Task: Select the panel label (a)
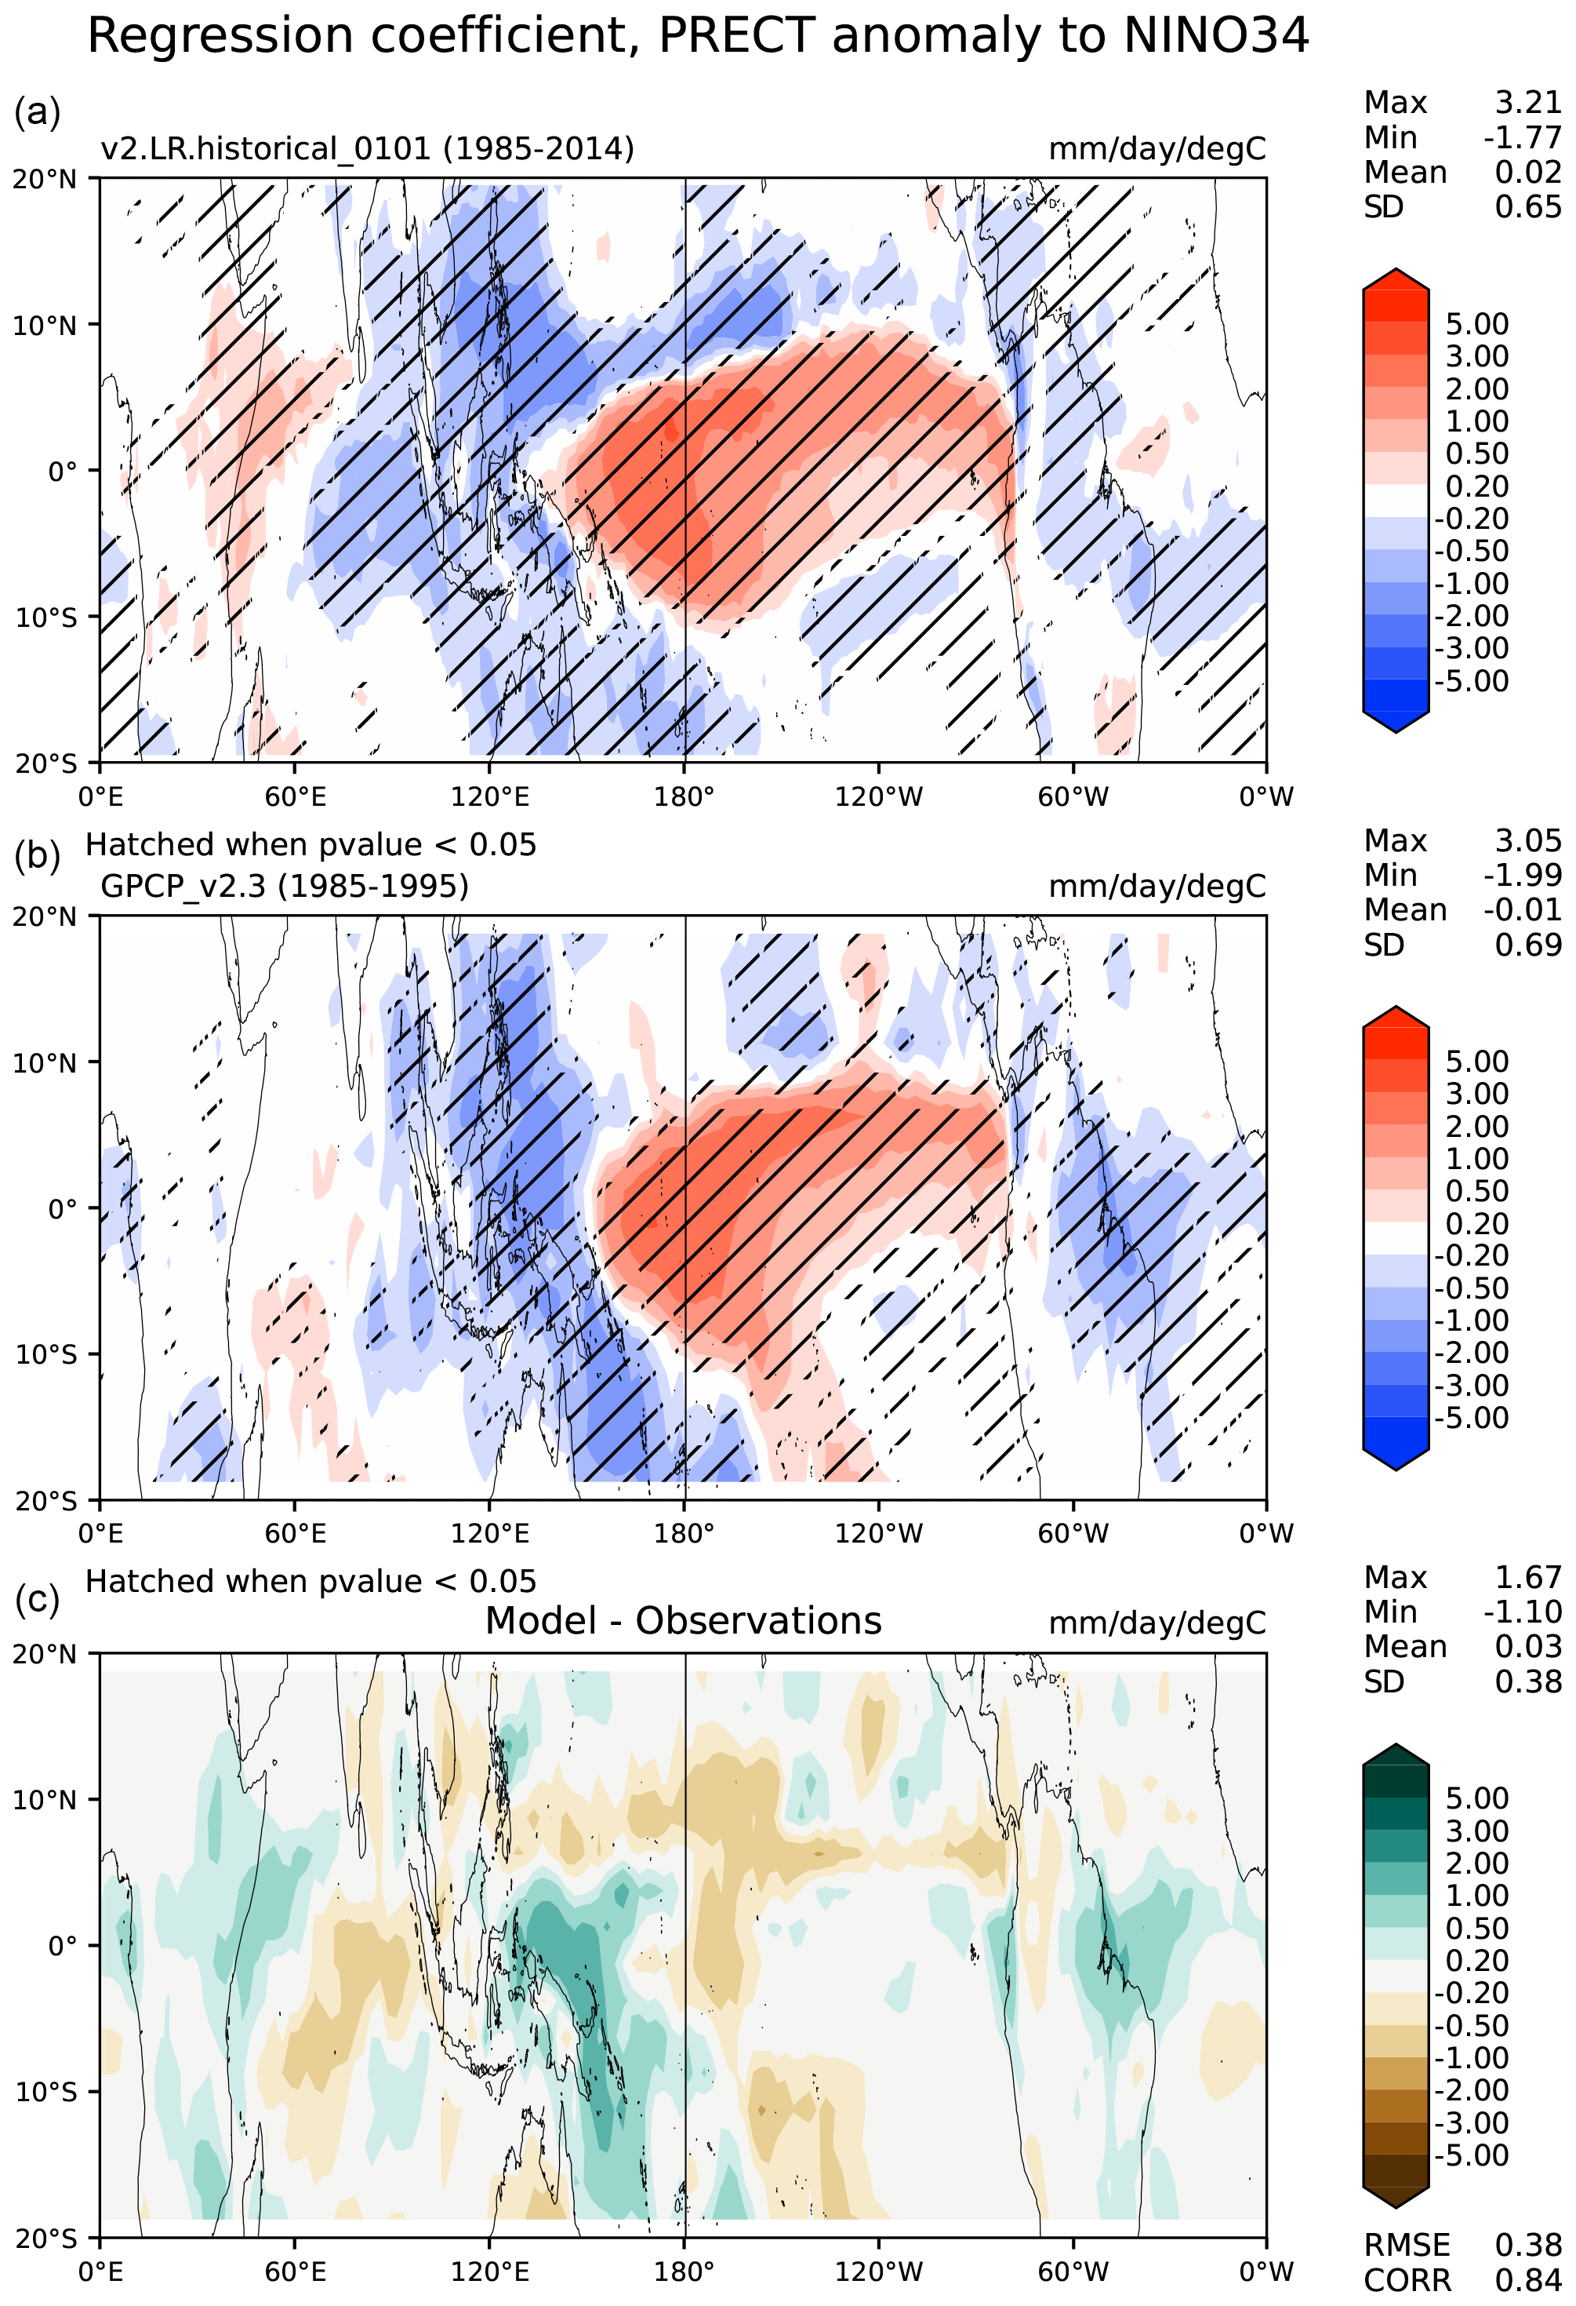coord(37,111)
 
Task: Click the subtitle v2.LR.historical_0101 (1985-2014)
coord(367,149)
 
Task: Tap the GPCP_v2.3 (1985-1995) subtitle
coord(285,885)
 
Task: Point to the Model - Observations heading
coord(684,1620)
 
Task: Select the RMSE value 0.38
coord(1527,2245)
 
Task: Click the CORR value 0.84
coord(1527,2279)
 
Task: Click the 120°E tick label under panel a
coord(490,796)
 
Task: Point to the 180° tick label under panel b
coord(685,1533)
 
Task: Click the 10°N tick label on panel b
coord(44,1062)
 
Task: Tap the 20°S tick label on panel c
coord(45,2239)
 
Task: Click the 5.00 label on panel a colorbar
coord(1477,325)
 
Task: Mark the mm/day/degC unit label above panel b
coord(1157,885)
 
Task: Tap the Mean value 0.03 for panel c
coord(1527,1646)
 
